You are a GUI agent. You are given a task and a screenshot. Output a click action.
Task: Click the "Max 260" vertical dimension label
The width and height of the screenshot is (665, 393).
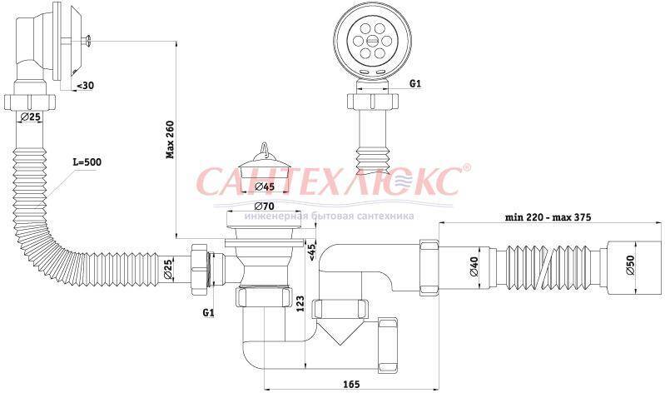click(170, 139)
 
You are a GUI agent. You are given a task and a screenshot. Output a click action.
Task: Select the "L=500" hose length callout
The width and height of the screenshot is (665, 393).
click(87, 162)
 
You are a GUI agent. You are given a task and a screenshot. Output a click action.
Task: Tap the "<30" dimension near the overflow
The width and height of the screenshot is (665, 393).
click(85, 85)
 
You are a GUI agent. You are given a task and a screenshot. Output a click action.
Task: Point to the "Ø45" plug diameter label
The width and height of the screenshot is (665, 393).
click(266, 186)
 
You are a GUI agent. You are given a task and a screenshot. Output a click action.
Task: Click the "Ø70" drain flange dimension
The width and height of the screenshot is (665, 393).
click(264, 206)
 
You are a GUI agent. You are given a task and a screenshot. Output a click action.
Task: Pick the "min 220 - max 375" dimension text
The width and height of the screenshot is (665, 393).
click(548, 216)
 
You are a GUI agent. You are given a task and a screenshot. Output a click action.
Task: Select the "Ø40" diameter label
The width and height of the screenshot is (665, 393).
click(474, 266)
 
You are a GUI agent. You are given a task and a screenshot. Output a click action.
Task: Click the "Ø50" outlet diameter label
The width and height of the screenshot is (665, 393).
click(630, 265)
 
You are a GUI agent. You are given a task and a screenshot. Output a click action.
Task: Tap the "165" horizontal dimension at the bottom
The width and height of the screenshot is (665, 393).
click(351, 384)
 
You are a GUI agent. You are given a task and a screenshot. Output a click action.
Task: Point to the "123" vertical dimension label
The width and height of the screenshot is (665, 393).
click(300, 304)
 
